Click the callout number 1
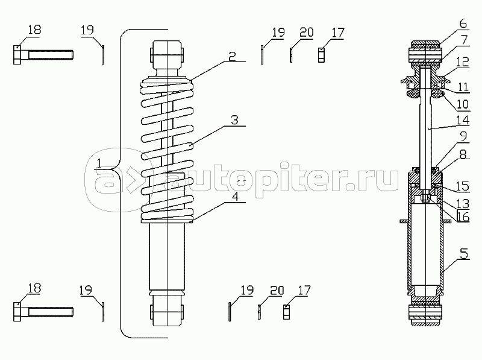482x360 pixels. coord(99,163)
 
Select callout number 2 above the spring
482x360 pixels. coord(232,56)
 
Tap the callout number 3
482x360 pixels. coord(234,120)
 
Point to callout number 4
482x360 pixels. coord(235,197)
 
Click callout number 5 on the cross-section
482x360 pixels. coord(464,254)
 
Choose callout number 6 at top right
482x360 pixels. coord(463,24)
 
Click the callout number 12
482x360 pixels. coord(462,62)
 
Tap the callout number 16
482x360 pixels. coord(463,217)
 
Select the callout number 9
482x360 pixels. coord(463,136)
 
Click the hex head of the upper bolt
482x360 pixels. coord(17,55)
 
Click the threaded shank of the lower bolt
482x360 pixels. coord(51,312)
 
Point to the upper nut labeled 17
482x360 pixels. coord(321,55)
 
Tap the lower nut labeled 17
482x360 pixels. coord(287,312)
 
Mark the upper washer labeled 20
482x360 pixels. coord(291,55)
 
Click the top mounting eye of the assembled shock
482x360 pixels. coord(166,52)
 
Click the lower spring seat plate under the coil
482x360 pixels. coord(167,221)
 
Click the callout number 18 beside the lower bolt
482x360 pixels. coord(34,288)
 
